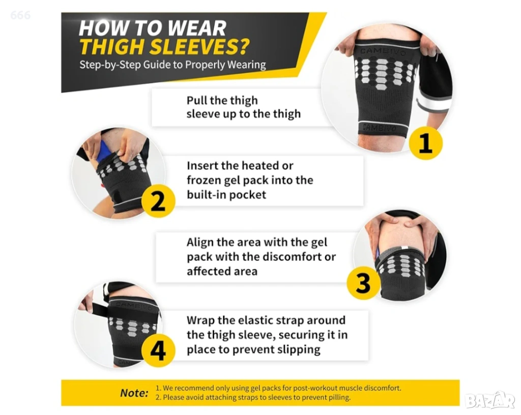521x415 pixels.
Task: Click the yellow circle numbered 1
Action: coord(425,143)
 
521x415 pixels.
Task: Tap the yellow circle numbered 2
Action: coord(158,201)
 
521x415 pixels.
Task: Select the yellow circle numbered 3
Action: coord(363,283)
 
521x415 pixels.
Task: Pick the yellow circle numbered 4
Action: coord(158,350)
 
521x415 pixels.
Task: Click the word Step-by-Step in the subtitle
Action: coord(110,65)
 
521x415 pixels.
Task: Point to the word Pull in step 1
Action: coord(197,100)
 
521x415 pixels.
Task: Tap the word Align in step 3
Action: coord(200,243)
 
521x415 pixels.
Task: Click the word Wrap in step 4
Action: coord(199,320)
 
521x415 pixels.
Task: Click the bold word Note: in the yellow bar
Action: coord(134,393)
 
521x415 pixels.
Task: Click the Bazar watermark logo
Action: coord(490,400)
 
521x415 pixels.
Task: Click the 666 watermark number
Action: coord(20,15)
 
